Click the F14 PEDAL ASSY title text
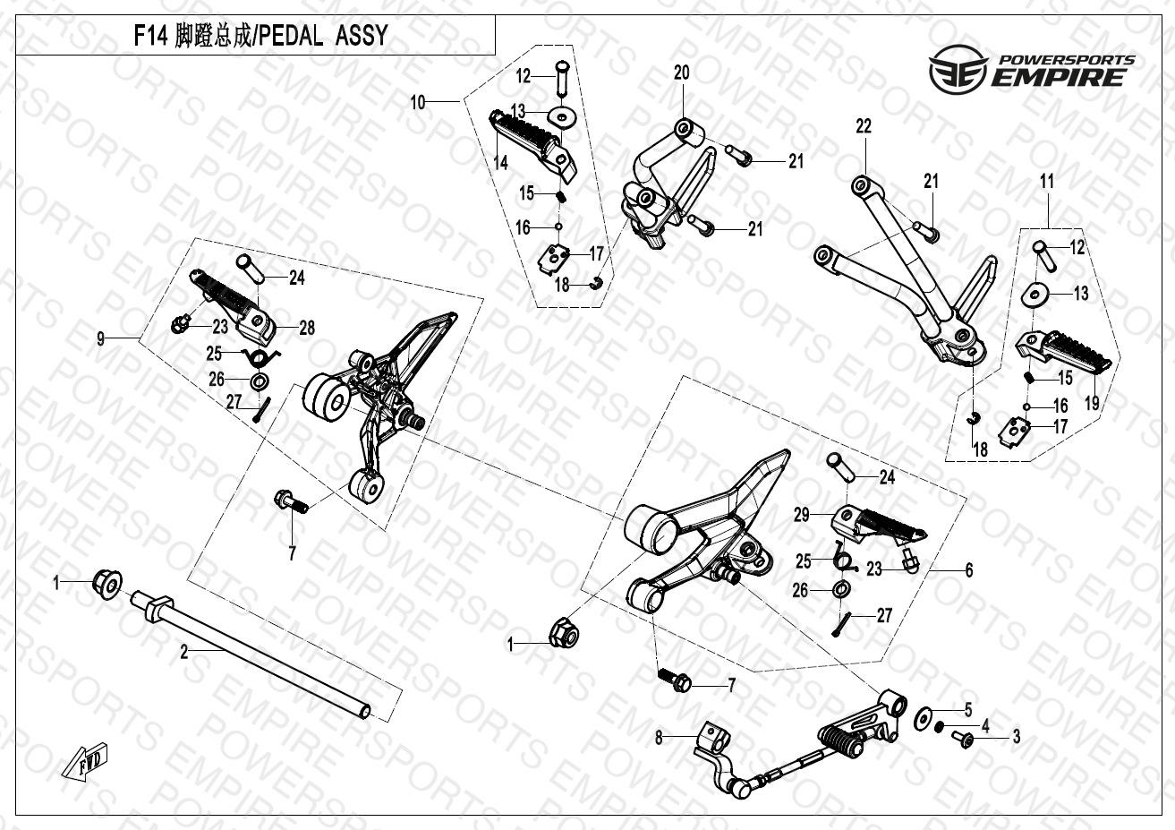point(260,36)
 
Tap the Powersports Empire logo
point(1031,71)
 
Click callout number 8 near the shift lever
point(660,739)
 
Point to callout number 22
point(863,127)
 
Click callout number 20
point(682,73)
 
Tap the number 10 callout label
point(418,103)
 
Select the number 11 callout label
point(1047,182)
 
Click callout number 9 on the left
point(101,338)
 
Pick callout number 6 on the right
point(968,570)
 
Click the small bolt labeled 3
point(964,738)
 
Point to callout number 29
point(802,515)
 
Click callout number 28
point(307,329)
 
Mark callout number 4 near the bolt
point(985,725)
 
